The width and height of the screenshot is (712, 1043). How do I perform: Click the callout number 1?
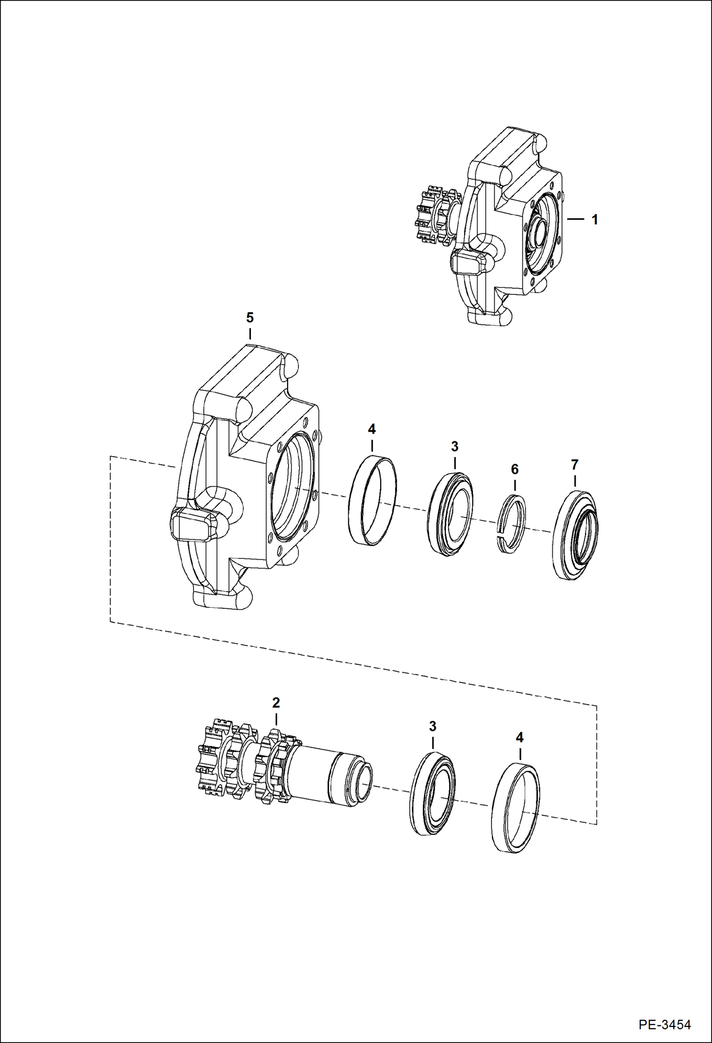tap(594, 220)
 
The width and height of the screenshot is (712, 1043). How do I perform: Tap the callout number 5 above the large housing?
tap(250, 317)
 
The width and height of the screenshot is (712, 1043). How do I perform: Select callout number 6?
tap(515, 469)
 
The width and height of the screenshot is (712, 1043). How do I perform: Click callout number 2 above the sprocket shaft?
tap(276, 702)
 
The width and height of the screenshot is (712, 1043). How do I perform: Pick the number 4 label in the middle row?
tap(372, 429)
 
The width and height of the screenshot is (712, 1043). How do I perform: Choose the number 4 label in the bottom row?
tap(520, 738)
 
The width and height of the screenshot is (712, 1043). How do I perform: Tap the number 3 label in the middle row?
tap(455, 447)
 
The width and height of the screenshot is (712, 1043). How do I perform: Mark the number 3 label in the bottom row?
tap(433, 726)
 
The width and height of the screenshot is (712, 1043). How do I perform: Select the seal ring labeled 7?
tap(575, 535)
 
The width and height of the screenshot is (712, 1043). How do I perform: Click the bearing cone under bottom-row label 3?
tap(432, 793)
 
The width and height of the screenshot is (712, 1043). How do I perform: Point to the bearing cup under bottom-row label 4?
tap(516, 808)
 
